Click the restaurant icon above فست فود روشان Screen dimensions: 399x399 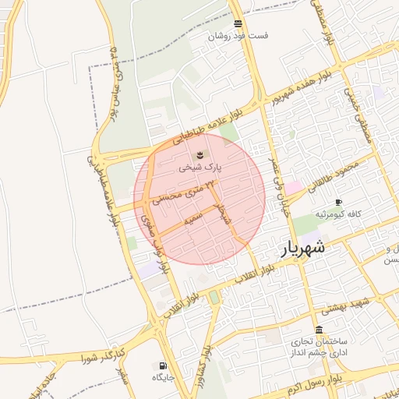[x=238, y=24]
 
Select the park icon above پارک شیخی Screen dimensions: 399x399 [x=198, y=152]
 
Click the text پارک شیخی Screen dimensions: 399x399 [x=200, y=166]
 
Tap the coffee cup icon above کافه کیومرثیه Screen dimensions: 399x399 [x=338, y=202]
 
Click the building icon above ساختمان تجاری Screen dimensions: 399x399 [x=320, y=329]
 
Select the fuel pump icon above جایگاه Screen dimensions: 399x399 [x=162, y=365]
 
